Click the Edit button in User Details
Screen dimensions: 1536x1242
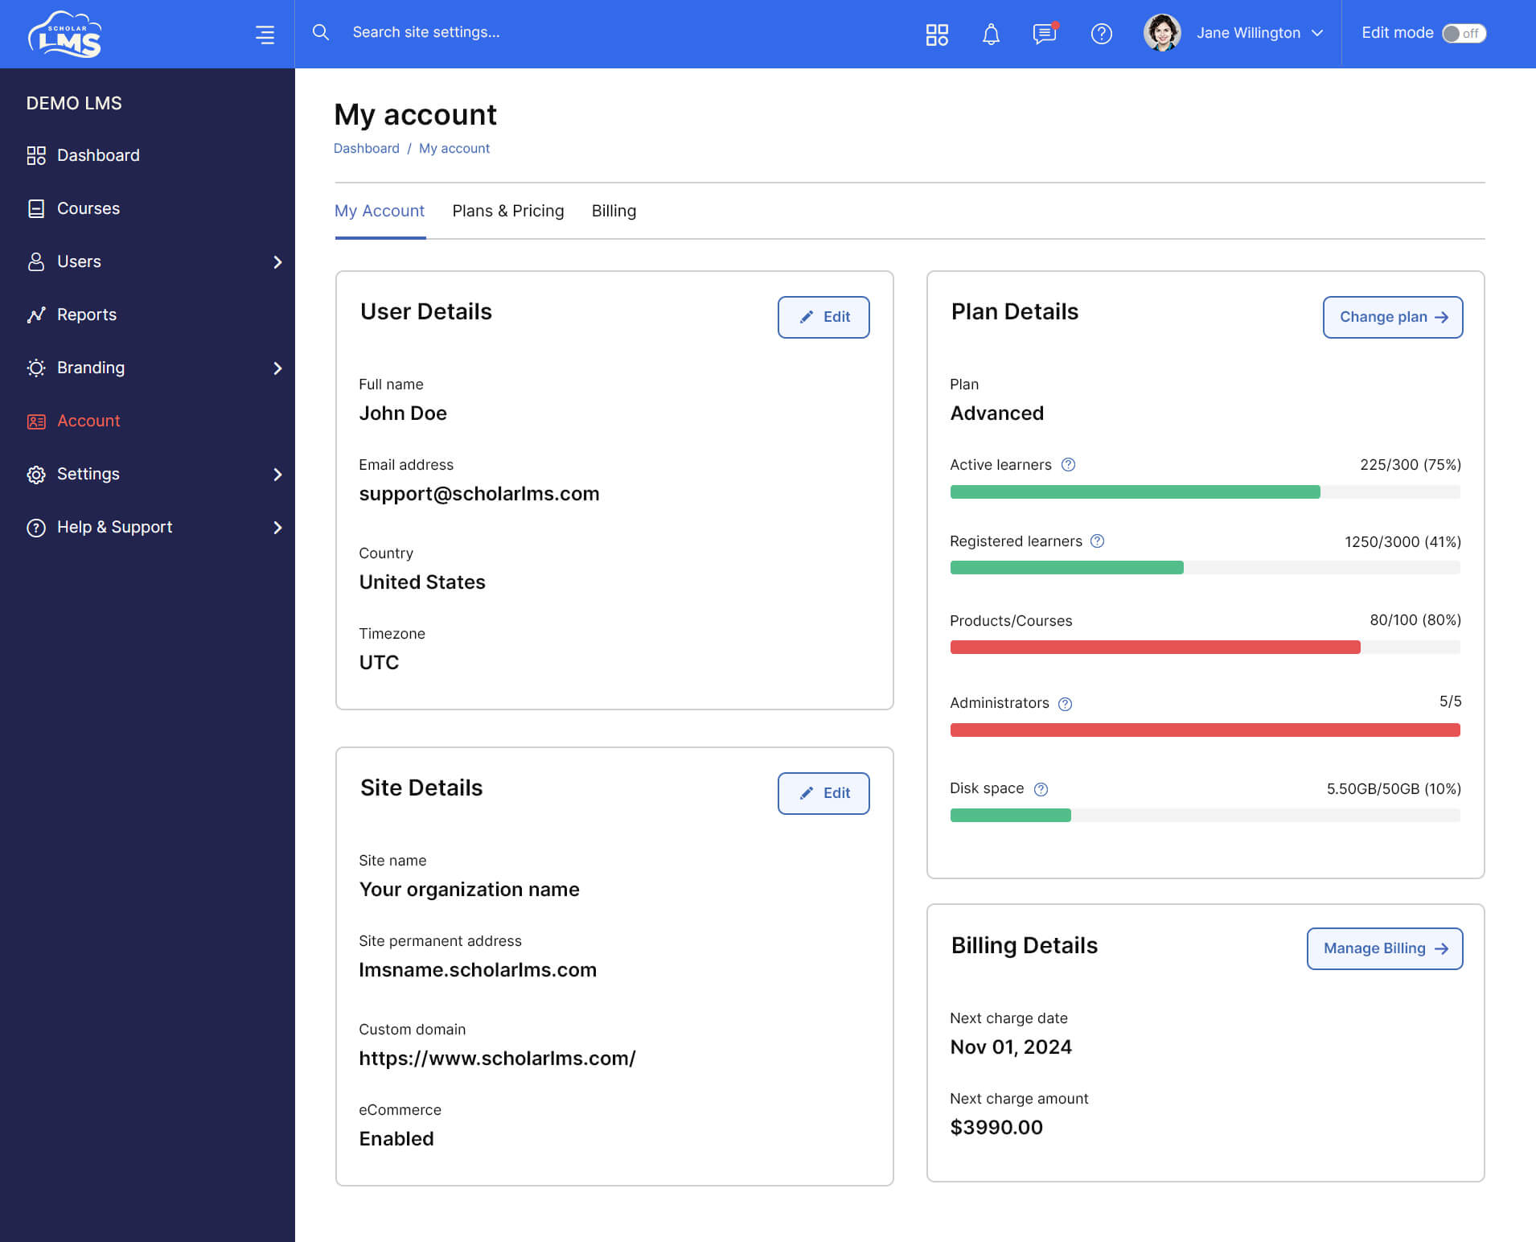point(823,317)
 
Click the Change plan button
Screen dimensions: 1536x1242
point(1392,317)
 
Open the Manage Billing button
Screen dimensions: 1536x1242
point(1384,948)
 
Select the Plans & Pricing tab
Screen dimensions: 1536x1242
point(508,211)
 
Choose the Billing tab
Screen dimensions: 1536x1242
point(614,211)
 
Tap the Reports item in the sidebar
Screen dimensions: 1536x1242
point(86,315)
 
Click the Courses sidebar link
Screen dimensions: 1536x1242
point(88,208)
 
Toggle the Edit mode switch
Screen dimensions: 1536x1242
point(1464,33)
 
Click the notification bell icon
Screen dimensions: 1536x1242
point(991,34)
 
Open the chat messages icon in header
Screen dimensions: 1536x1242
point(1045,34)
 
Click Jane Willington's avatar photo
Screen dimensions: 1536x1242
point(1162,33)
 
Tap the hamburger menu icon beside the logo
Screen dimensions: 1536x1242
point(265,34)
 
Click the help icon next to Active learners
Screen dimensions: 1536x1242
point(1068,465)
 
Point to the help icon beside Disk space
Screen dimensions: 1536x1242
point(1041,789)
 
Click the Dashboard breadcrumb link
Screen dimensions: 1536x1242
point(367,148)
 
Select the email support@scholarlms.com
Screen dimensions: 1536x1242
point(479,494)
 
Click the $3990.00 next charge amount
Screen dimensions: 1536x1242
point(996,1127)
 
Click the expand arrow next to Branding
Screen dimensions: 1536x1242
point(277,368)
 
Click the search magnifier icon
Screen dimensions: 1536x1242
point(320,32)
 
